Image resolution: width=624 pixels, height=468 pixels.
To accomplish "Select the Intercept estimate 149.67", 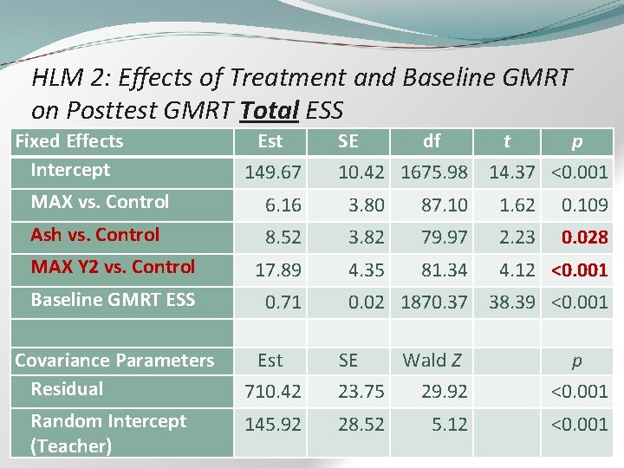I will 273,172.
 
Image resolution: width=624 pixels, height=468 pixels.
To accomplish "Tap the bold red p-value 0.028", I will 584,237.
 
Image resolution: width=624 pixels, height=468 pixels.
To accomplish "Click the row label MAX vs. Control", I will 100,202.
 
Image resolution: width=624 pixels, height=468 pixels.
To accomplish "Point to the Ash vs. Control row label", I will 95,235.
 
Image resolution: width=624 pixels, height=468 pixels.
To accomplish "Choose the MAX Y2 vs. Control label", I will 113,267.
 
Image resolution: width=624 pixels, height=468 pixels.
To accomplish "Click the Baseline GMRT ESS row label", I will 113,300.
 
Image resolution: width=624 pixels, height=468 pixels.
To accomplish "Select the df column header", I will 431,140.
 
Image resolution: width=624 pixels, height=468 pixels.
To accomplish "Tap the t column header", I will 508,140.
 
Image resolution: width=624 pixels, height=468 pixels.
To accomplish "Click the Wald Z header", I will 432,360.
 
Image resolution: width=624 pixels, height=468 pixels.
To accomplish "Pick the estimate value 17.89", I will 278,270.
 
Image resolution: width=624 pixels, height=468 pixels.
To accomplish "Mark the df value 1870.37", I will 434,302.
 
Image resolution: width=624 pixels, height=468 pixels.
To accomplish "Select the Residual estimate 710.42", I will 273,392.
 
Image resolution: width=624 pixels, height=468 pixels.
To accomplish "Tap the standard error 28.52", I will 361,424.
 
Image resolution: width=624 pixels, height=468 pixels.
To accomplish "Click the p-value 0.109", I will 585,205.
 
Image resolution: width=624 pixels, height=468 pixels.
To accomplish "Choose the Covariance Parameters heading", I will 114,361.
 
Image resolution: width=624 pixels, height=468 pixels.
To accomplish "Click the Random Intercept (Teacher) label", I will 108,433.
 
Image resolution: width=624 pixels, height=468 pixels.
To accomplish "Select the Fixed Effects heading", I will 69,141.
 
